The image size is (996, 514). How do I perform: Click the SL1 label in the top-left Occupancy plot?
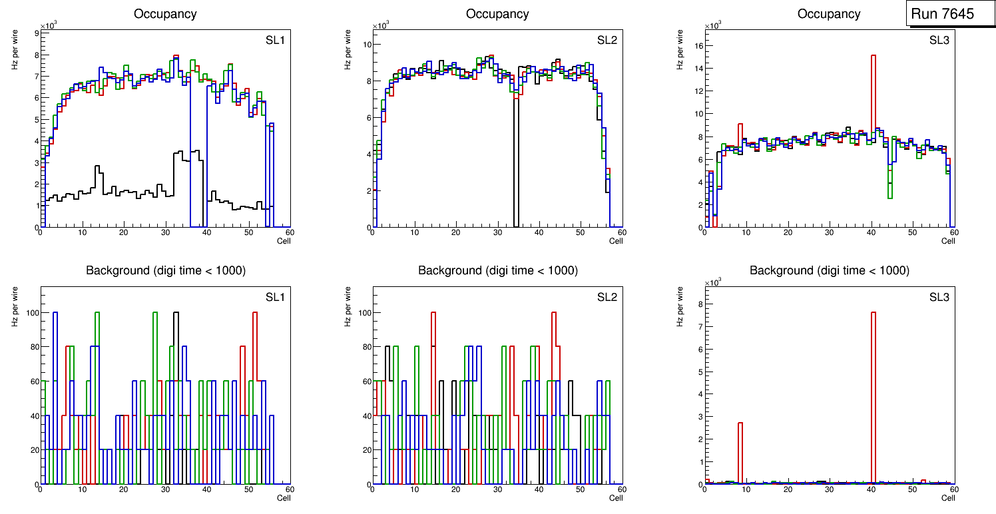tap(275, 41)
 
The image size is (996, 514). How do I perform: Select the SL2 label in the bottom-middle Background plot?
tap(607, 297)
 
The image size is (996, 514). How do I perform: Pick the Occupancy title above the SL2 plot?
tap(497, 14)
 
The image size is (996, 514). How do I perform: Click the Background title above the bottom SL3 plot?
tap(829, 270)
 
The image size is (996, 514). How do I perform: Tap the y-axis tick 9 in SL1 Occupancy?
tap(36, 33)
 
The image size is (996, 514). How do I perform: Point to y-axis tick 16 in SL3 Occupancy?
tap(698, 45)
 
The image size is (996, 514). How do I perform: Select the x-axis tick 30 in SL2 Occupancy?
tap(497, 232)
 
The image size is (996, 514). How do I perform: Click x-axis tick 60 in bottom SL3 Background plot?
tap(953, 489)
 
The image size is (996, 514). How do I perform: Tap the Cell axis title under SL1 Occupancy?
tap(284, 240)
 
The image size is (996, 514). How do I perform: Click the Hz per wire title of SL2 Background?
tap(347, 306)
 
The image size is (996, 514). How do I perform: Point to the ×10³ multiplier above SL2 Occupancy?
tap(381, 26)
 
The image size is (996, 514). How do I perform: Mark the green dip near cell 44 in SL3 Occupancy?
tap(889, 193)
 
